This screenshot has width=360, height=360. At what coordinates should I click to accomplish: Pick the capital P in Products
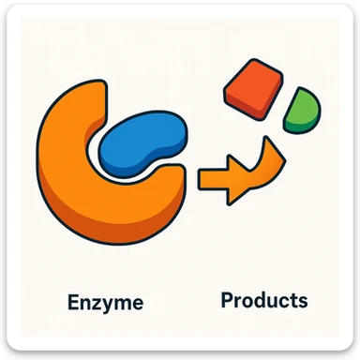pyautogui.click(x=227, y=300)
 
